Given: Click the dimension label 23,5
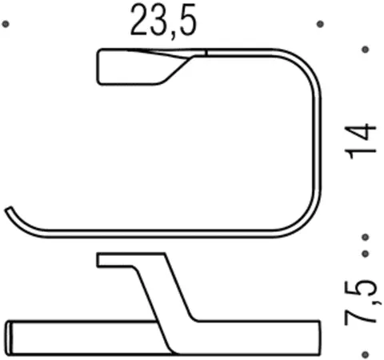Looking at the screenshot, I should (x=164, y=25).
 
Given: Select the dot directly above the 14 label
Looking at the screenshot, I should (x=365, y=50).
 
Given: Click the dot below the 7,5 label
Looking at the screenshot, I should (x=365, y=350).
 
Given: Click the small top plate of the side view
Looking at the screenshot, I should (x=112, y=261).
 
